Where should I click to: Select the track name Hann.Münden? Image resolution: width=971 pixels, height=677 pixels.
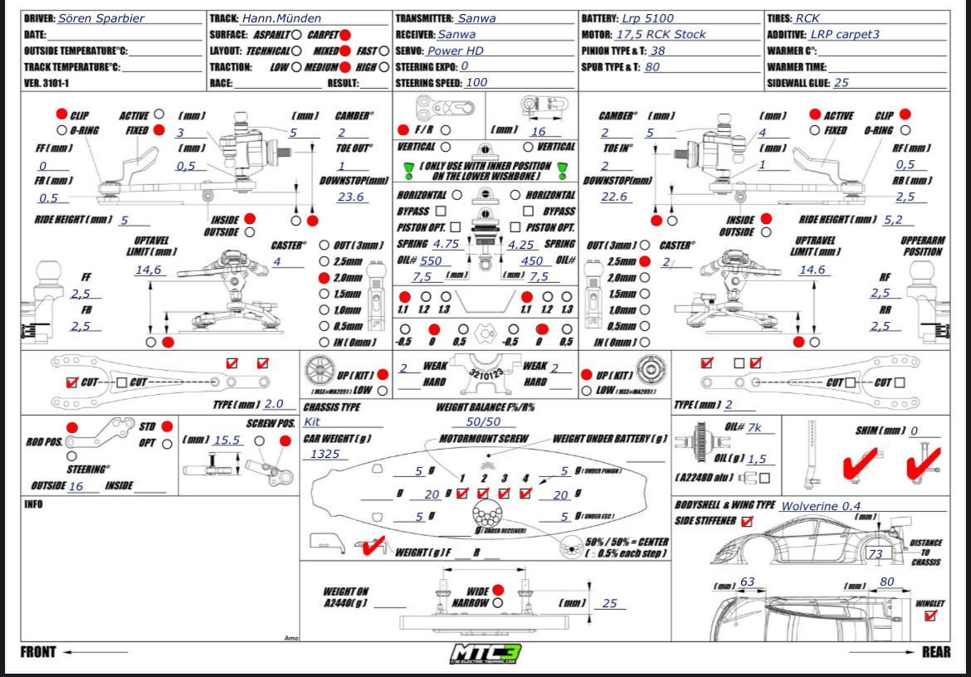281,18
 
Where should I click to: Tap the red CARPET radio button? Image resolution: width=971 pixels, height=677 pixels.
344,35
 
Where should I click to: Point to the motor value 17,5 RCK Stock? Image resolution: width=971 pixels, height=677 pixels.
661,34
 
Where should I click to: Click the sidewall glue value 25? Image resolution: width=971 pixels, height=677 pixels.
841,82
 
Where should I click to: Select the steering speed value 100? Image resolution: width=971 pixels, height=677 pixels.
476,82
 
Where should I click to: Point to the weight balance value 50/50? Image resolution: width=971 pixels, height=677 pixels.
484,421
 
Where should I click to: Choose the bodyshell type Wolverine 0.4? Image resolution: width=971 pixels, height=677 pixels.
819,505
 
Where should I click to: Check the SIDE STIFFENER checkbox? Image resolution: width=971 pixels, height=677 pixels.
747,521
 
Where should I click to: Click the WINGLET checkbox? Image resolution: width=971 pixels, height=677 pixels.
930,616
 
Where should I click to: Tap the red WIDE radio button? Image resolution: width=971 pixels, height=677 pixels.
497,589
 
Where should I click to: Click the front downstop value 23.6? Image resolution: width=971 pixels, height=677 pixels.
351,197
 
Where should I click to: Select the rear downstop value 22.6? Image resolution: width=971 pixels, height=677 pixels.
615,197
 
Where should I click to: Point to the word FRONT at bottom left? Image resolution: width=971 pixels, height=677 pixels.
38,652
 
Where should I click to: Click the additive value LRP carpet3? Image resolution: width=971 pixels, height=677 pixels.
846,35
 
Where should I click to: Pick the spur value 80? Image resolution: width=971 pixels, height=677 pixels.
652,66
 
